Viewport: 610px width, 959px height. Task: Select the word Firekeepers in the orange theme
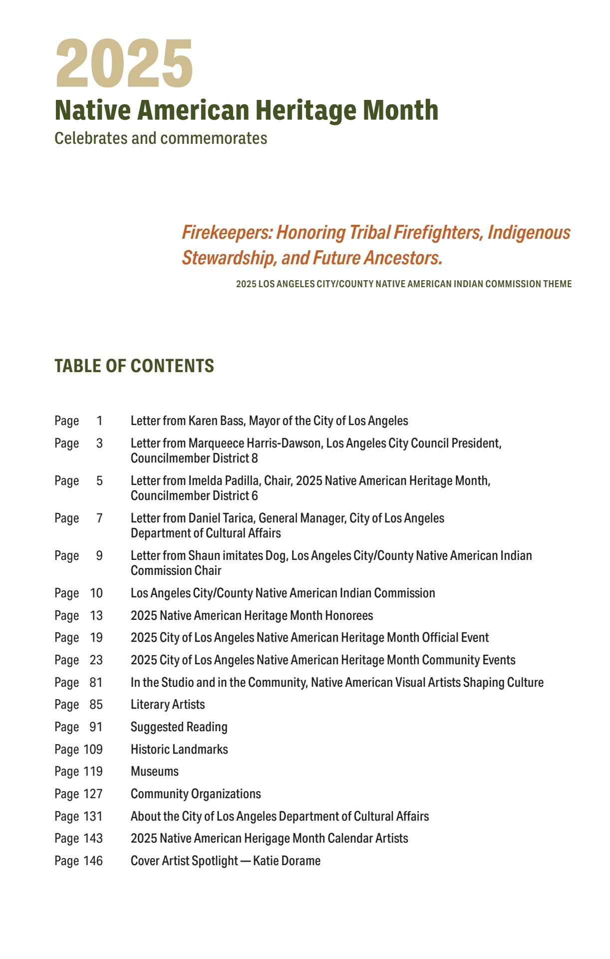click(x=227, y=233)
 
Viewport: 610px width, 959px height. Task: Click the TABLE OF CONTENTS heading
click(x=134, y=366)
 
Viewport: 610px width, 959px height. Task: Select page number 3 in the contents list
click(x=99, y=444)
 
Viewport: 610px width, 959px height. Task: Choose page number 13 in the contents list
click(x=96, y=616)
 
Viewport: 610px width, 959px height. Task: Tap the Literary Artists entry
click(x=168, y=705)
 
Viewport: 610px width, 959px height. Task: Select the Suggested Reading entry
click(x=179, y=727)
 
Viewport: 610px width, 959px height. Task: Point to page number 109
click(x=93, y=750)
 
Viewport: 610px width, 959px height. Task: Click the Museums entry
click(x=154, y=772)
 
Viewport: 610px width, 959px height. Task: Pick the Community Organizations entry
click(x=196, y=794)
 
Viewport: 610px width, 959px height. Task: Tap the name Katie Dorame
click(x=287, y=861)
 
